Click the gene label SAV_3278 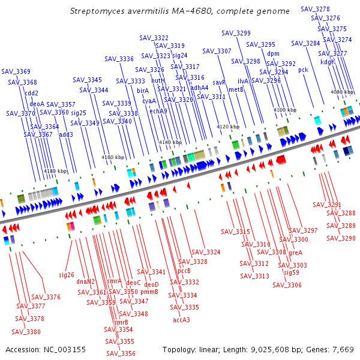tap(314, 9)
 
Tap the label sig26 tap(66, 275)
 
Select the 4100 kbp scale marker tap(284, 110)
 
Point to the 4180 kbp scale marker tap(55, 171)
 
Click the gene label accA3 tap(181, 320)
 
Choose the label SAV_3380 tap(26, 332)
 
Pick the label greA tap(296, 253)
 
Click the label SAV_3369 tap(16, 72)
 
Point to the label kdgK tap(327, 62)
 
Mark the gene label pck tap(303, 70)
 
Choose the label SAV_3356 tap(120, 353)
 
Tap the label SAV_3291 tap(327, 205)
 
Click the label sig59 tap(291, 272)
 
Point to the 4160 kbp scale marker tap(113, 157)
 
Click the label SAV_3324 tap(206, 252)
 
